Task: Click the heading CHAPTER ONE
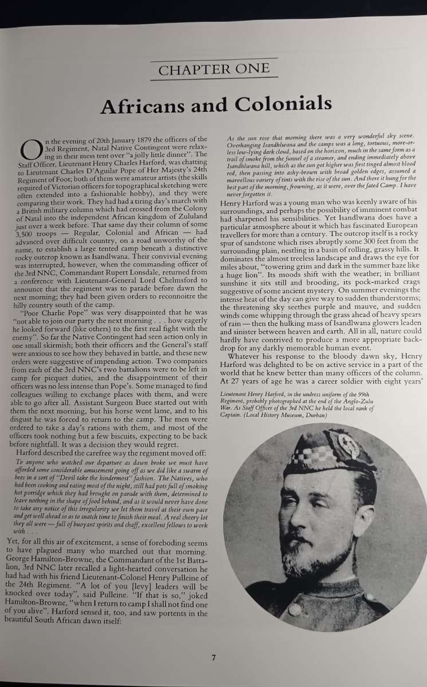[214, 70]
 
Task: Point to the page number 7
[213, 658]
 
